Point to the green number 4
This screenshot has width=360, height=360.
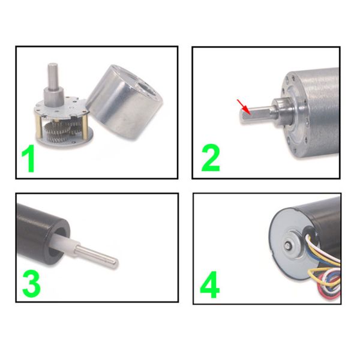point(211,286)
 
